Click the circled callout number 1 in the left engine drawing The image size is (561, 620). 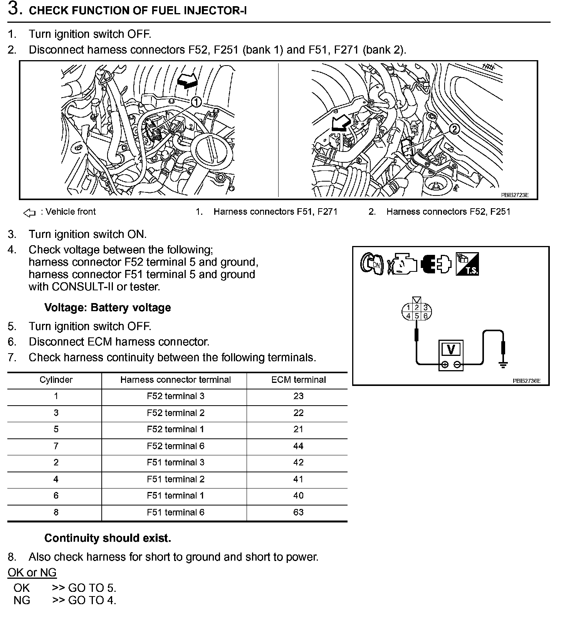[x=196, y=102]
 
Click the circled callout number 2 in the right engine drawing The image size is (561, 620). [x=455, y=129]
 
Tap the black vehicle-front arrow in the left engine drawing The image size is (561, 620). [x=187, y=81]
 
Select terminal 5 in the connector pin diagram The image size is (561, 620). [x=417, y=316]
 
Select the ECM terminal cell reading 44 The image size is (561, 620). [x=298, y=446]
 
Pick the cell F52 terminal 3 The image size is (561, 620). [x=176, y=396]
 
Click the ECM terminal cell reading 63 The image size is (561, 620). [x=298, y=512]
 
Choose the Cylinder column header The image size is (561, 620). [x=56, y=380]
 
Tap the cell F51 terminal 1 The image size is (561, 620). [x=176, y=496]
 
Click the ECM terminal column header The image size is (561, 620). [x=298, y=380]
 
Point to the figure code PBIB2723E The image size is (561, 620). [x=514, y=195]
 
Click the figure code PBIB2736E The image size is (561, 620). [x=526, y=381]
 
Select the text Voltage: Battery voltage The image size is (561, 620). [x=107, y=308]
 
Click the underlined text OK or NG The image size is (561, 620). [x=32, y=573]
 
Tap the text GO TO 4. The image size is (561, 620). [x=92, y=600]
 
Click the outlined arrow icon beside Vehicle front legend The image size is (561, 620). [x=30, y=212]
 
